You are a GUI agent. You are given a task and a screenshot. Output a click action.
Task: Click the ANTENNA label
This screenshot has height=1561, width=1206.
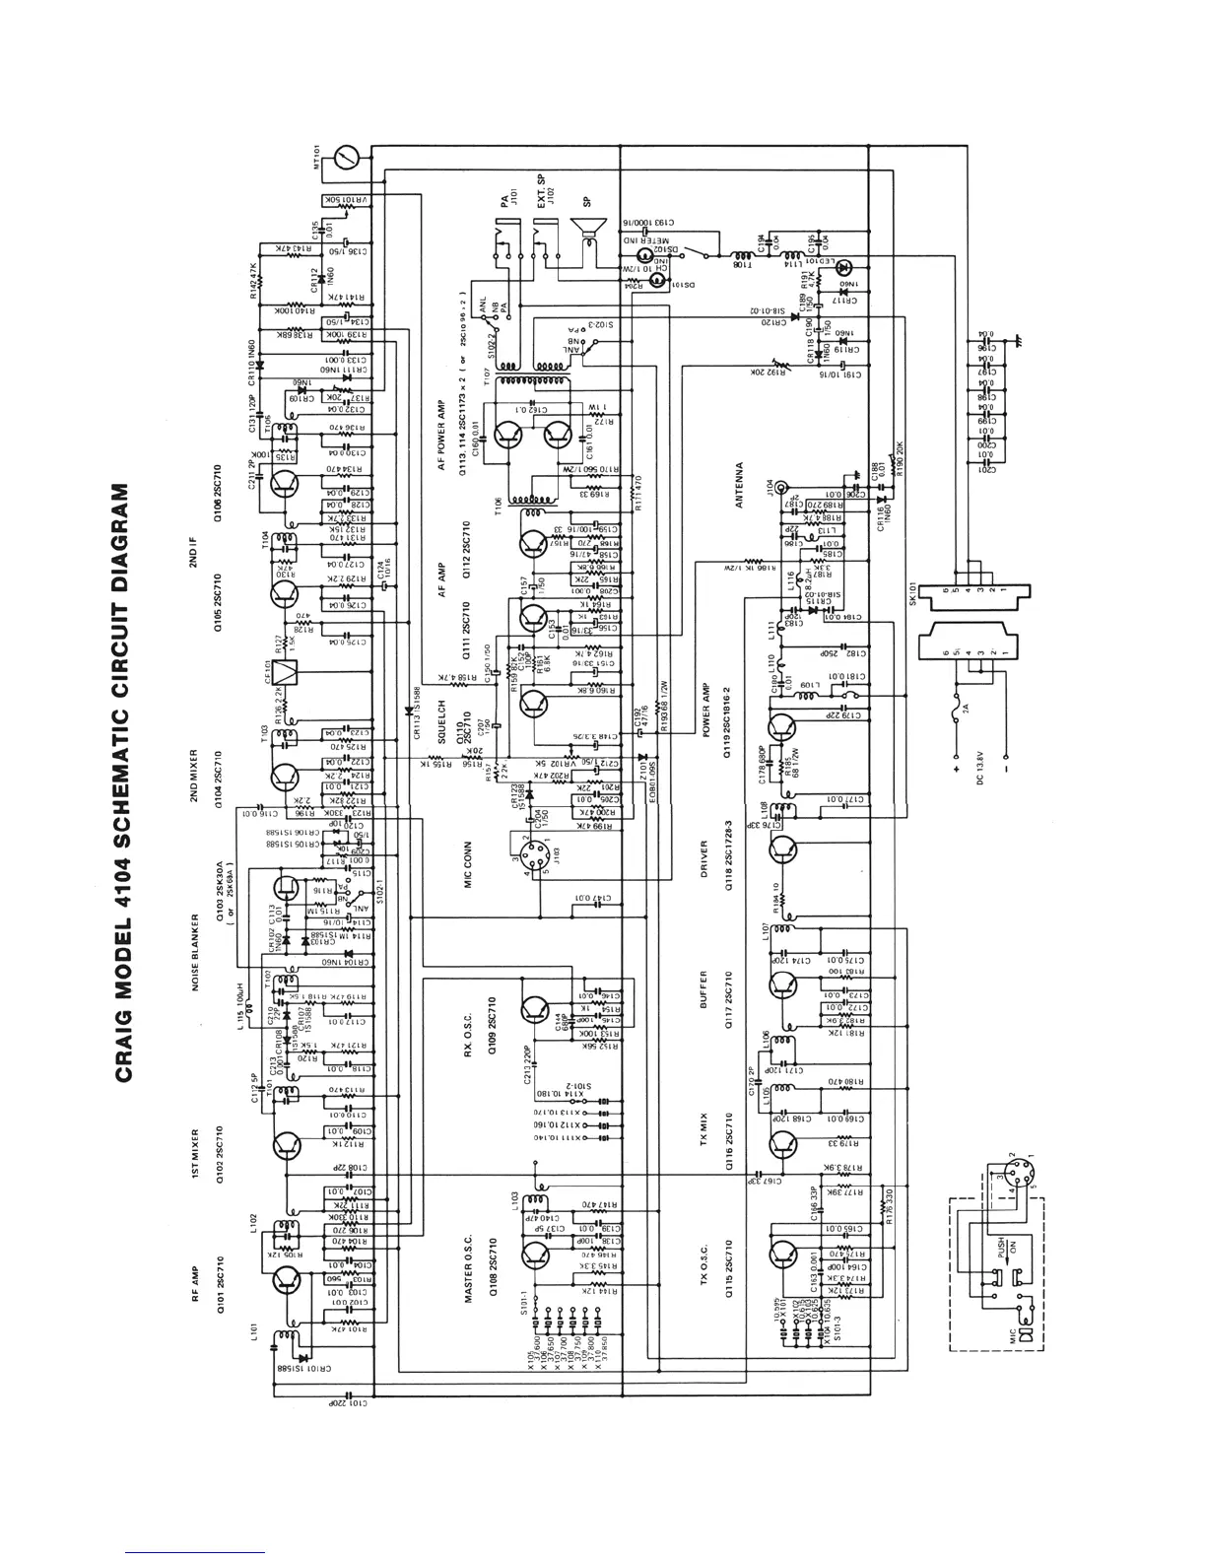coord(738,486)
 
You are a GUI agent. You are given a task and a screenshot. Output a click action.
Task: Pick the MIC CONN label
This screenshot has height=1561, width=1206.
coord(470,868)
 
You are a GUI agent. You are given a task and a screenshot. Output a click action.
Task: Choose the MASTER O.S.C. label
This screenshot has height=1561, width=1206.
coord(470,1271)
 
